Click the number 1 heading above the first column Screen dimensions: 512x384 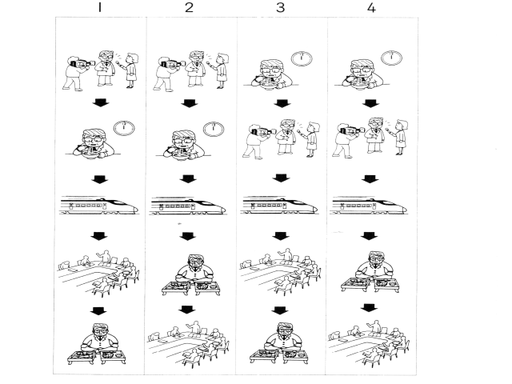(x=99, y=7)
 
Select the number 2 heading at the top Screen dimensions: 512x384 (x=189, y=7)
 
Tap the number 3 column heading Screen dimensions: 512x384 (x=280, y=7)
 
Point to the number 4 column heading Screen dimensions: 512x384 (x=371, y=7)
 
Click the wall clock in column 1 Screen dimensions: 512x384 (x=124, y=128)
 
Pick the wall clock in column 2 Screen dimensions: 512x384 (x=214, y=130)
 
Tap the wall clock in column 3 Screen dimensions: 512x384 (x=302, y=58)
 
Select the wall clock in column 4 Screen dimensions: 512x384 (x=391, y=58)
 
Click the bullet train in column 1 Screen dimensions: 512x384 (x=99, y=206)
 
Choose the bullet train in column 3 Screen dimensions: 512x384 (x=279, y=206)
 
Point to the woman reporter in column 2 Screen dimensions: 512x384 (x=221, y=70)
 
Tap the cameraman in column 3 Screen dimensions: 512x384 (x=256, y=142)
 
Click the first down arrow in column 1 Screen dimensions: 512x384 (x=101, y=103)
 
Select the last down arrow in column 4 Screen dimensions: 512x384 (x=370, y=307)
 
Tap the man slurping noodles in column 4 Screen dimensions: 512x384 (x=362, y=74)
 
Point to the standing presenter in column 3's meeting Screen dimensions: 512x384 (x=286, y=255)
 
